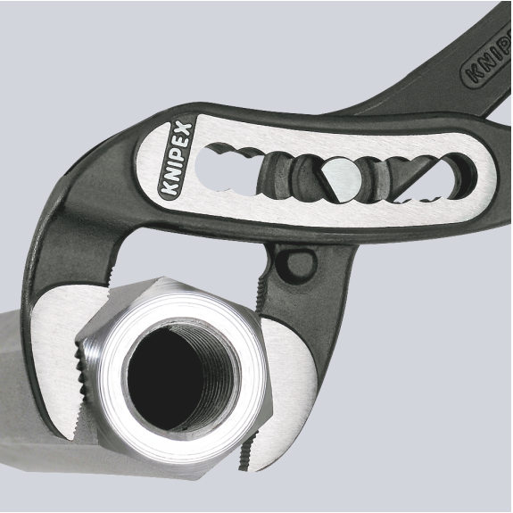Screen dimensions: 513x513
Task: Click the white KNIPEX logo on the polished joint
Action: click(x=177, y=159)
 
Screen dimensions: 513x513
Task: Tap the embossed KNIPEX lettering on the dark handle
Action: click(x=487, y=58)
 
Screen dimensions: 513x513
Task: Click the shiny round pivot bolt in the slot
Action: click(x=342, y=177)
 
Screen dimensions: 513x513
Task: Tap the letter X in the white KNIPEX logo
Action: click(x=184, y=129)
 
